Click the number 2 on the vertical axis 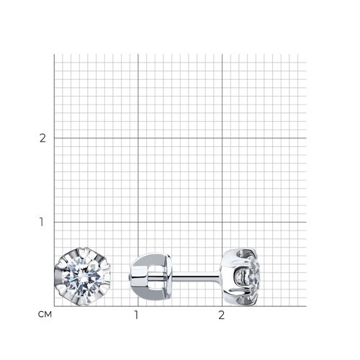click(x=42, y=138)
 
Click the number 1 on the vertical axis click(x=42, y=222)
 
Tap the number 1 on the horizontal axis click(x=136, y=315)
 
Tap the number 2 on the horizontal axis click(x=221, y=315)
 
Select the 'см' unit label click(x=45, y=314)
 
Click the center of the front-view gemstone click(x=83, y=276)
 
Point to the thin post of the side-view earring click(x=196, y=277)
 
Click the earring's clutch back click(x=150, y=276)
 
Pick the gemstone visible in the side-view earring click(x=255, y=277)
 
